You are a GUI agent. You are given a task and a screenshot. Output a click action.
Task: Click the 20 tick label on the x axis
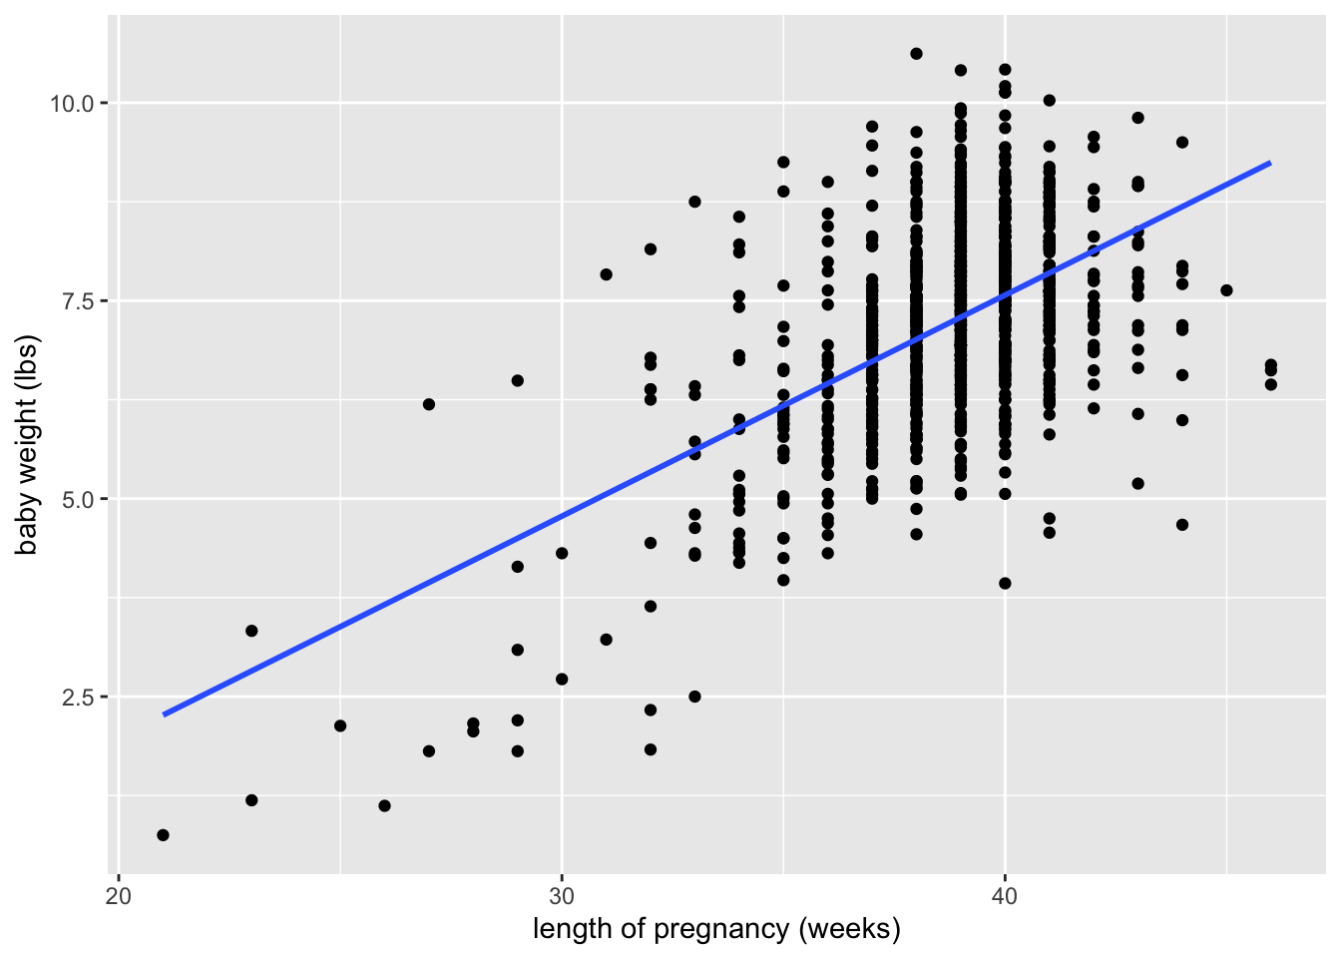point(119,894)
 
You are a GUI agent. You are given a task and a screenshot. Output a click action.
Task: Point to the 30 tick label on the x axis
point(562,894)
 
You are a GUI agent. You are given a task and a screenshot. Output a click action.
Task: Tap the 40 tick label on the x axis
point(1005,894)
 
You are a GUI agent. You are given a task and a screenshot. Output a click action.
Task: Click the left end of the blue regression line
point(164,715)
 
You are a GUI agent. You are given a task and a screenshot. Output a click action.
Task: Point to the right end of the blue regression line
point(1270,163)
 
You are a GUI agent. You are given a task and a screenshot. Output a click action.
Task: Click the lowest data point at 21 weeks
point(164,835)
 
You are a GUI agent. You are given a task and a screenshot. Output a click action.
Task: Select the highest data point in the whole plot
point(916,54)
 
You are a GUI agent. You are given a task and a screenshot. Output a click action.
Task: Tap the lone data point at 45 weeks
point(1226,290)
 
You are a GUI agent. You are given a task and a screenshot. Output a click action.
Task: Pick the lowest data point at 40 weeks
point(1005,584)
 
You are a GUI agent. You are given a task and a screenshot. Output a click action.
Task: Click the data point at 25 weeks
point(340,725)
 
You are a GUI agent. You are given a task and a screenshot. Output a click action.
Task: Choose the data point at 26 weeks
point(384,805)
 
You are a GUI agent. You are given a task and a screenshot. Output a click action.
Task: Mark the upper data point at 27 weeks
point(429,404)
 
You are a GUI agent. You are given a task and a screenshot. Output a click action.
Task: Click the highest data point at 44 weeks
point(1182,143)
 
